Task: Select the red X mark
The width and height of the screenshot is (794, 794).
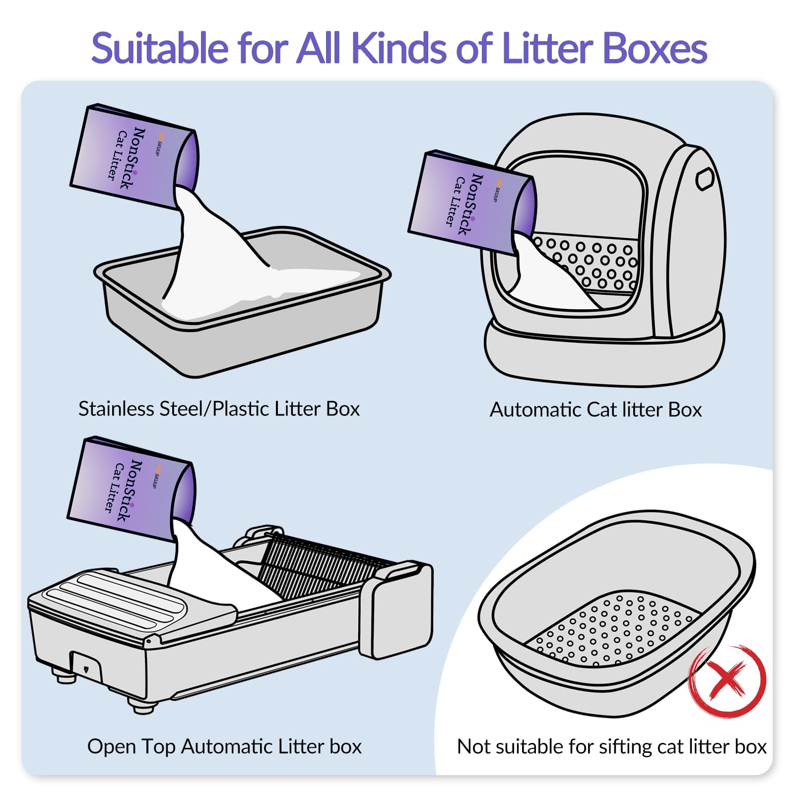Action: pos(727,680)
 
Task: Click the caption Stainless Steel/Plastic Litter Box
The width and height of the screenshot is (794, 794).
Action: pos(219,408)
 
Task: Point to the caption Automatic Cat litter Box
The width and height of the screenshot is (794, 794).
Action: pos(595,409)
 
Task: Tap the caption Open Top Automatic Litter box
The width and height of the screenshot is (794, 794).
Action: pos(224,746)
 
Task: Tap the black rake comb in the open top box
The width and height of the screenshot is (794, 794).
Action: pos(323,563)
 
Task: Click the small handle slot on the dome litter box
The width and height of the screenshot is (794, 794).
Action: pos(705,179)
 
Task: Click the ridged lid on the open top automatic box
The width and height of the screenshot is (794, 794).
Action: pos(132,603)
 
